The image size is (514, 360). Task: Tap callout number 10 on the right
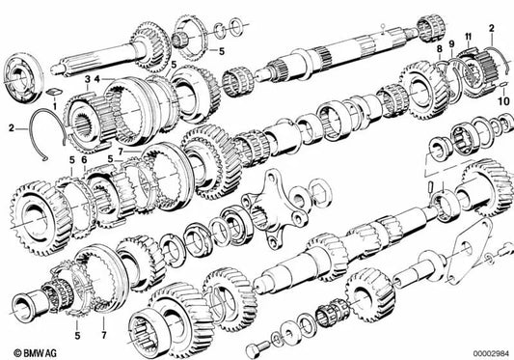[x=502, y=99]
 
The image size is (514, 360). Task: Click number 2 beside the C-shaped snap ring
[x=11, y=125]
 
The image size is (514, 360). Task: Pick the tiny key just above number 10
[x=501, y=85]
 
